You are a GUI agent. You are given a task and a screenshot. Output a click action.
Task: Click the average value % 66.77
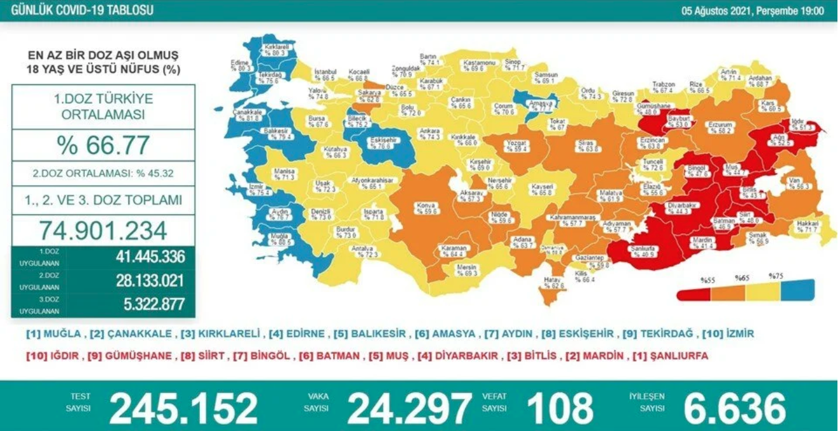[103, 145]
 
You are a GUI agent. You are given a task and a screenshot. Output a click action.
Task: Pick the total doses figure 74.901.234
[103, 229]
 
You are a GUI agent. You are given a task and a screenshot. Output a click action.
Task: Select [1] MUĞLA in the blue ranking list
[53, 334]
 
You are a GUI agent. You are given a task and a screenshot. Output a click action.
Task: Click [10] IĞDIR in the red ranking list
[52, 356]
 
